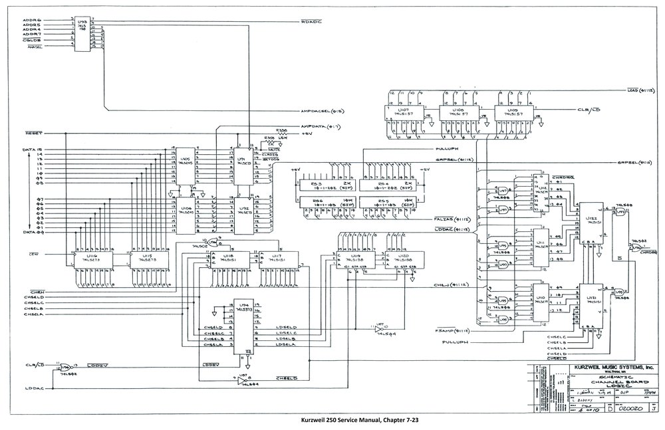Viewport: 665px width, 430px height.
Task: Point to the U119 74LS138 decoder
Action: pos(352,259)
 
